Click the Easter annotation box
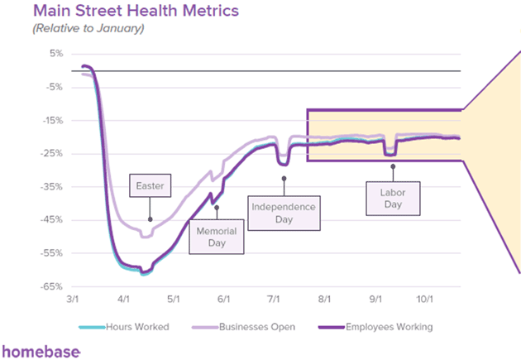(x=150, y=186)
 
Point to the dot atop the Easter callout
(x=150, y=219)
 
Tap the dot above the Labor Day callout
(x=393, y=166)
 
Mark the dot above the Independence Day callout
(x=284, y=178)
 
